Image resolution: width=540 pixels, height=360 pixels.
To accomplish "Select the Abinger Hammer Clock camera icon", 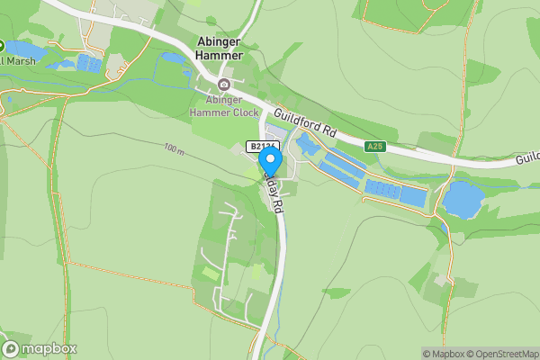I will tap(224, 85).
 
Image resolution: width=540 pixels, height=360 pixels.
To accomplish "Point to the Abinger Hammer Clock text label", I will tap(224, 106).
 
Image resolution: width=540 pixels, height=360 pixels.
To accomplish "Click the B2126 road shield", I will tap(263, 146).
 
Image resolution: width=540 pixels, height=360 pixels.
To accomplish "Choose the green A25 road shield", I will tap(375, 146).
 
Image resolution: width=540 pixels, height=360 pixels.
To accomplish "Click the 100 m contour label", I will tap(175, 148).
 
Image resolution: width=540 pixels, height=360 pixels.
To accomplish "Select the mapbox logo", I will tap(40, 349).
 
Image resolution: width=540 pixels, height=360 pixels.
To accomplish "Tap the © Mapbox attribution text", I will tap(442, 354).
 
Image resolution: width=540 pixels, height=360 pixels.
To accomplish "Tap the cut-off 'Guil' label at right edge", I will tap(527, 157).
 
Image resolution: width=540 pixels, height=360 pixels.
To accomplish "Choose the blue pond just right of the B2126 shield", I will tap(306, 145).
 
